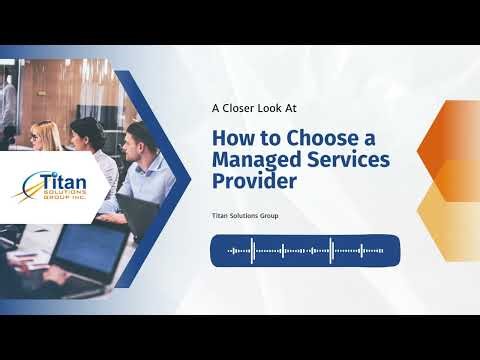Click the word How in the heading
click(229, 138)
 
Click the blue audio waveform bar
click(304, 250)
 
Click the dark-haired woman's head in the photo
click(88, 130)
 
